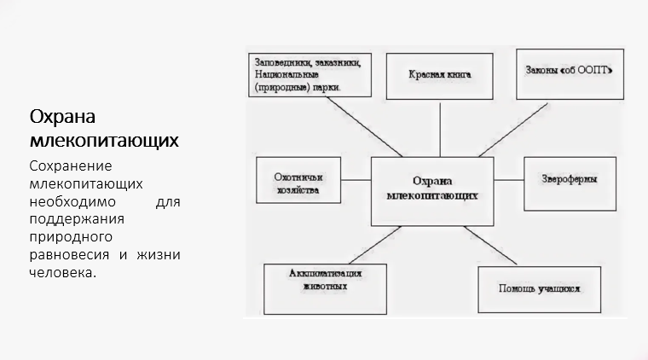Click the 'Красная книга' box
point(440,74)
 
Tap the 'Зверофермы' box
point(569,181)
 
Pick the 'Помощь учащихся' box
point(539,289)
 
